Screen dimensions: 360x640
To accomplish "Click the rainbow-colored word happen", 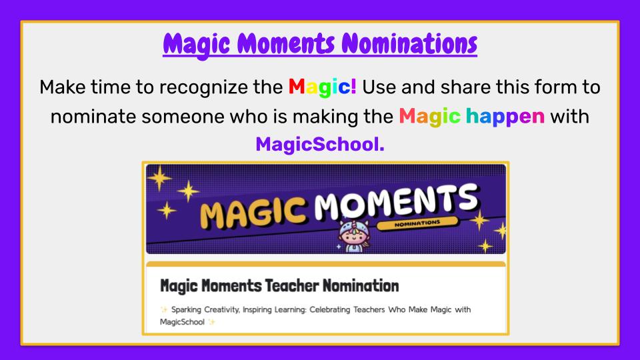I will coord(505,117).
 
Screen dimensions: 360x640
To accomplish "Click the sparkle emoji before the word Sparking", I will coord(165,310).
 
